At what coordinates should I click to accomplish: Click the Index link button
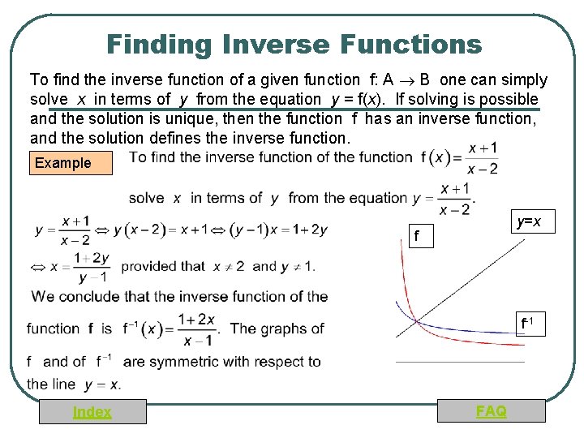point(92,412)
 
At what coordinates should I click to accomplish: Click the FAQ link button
point(491,411)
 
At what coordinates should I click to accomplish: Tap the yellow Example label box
point(63,163)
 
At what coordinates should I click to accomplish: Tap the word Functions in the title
point(405,44)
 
